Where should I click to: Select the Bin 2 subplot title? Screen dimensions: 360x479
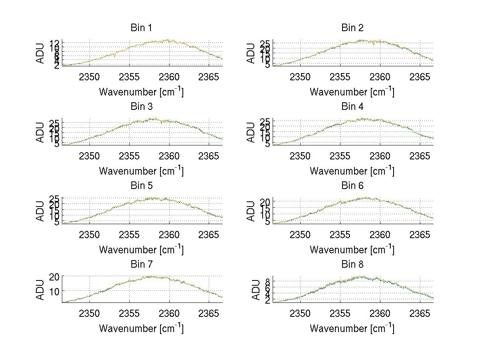click(352, 28)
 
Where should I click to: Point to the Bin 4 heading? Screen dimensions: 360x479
click(352, 107)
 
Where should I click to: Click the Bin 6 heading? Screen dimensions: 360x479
click(352, 186)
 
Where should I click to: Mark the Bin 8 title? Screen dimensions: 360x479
click(352, 265)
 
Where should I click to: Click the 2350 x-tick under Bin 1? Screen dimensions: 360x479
click(89, 77)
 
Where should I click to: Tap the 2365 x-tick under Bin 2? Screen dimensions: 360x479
click(420, 77)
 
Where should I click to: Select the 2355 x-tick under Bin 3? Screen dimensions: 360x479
click(129, 156)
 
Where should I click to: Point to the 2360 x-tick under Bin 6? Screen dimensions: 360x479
click(380, 235)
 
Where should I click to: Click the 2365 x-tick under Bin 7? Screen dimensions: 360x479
click(209, 313)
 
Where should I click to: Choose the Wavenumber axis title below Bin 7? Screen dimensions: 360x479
click(141, 328)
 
